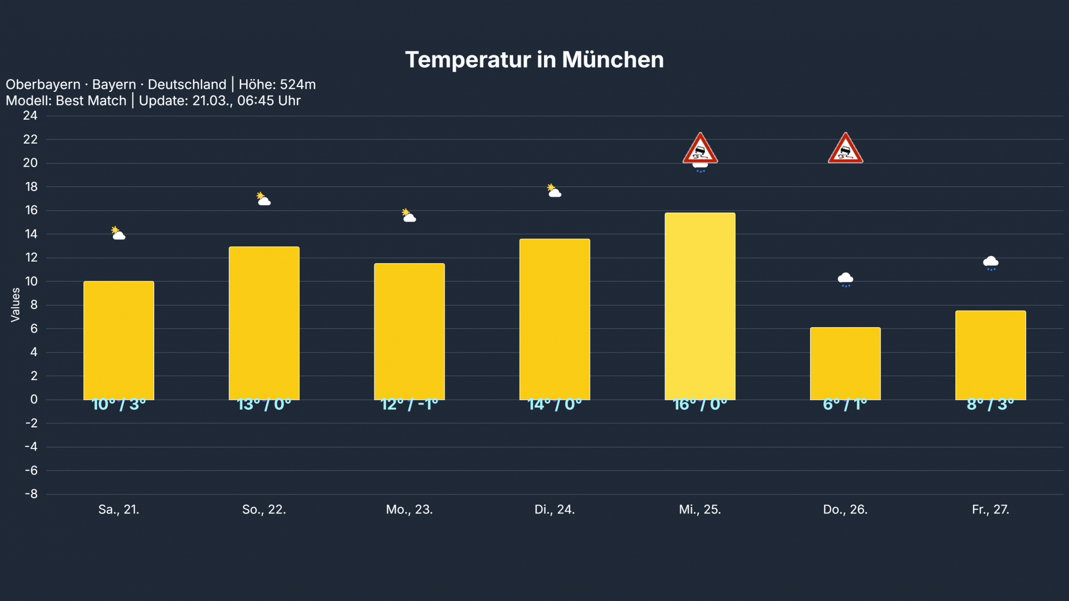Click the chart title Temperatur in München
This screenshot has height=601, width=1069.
tap(534, 60)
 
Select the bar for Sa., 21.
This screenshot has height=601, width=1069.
tap(119, 340)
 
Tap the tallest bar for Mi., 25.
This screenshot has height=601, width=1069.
tap(700, 306)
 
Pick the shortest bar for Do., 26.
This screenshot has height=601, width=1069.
tap(845, 364)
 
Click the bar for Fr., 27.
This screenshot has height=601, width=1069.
tap(990, 355)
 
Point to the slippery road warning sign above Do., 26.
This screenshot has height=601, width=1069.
tap(845, 149)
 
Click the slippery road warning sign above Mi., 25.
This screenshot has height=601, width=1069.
tap(700, 149)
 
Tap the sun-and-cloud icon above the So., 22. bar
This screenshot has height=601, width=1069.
tap(264, 199)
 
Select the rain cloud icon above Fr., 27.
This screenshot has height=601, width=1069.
tap(990, 263)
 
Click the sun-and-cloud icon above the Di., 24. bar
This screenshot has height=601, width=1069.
tap(554, 191)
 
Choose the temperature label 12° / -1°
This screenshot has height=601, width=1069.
tap(409, 405)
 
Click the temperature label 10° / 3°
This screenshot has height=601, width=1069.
tap(119, 405)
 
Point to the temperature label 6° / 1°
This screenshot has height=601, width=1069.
tap(845, 405)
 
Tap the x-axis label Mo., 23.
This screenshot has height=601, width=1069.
tap(409, 510)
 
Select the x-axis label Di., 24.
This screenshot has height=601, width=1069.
tap(555, 510)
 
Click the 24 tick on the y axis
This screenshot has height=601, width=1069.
tap(30, 116)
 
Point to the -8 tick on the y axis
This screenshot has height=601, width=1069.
tap(31, 494)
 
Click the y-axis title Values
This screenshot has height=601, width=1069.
tap(15, 304)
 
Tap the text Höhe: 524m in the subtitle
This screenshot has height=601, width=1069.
tap(277, 84)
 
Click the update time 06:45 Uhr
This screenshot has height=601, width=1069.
tap(268, 101)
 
